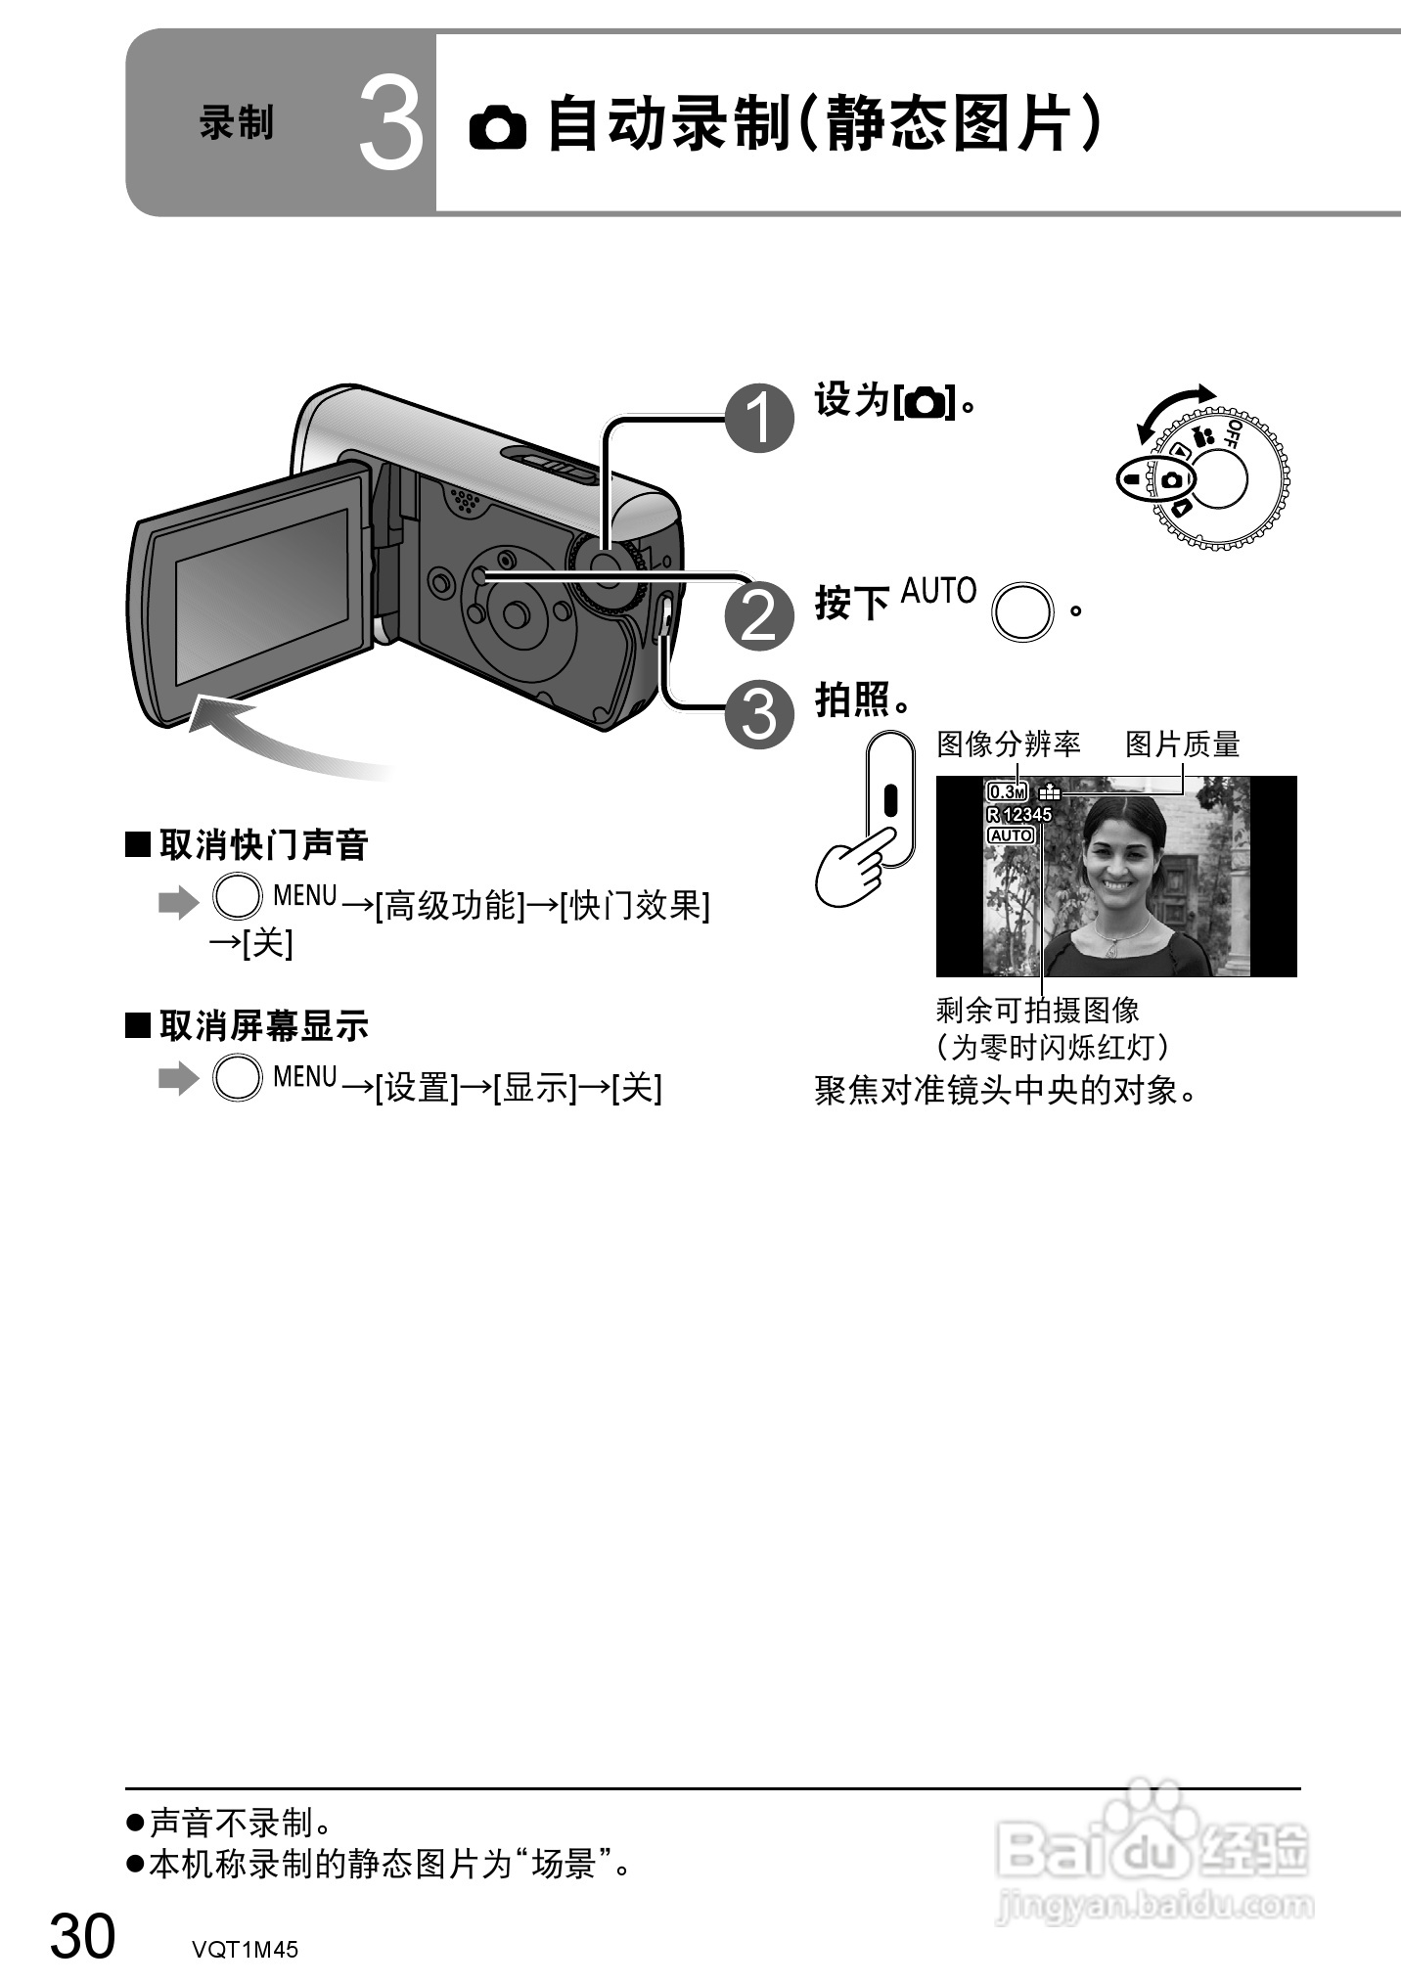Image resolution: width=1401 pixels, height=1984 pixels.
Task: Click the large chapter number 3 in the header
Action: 390,124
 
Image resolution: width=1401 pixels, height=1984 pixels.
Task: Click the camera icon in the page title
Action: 497,128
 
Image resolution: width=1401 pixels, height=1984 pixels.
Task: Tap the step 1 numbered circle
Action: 759,419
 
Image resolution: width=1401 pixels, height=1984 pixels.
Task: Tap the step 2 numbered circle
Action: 759,616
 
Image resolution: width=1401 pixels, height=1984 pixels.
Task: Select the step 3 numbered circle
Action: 759,714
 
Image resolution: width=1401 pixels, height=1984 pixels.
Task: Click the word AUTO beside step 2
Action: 938,592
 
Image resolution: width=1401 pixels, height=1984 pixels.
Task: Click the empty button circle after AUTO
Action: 1022,612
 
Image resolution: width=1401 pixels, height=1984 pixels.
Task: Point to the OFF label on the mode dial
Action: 1233,434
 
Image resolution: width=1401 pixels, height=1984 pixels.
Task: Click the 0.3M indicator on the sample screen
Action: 1007,791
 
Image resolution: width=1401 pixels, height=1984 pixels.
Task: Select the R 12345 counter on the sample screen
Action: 1019,814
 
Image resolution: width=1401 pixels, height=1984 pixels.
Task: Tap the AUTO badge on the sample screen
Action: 1011,835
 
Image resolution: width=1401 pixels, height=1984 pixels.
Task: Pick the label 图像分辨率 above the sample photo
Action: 1009,744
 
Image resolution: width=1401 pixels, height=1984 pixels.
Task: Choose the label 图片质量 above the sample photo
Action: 1182,744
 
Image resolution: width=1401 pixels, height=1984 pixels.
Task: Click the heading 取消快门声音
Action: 263,845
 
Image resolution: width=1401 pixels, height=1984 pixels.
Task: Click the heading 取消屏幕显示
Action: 263,1026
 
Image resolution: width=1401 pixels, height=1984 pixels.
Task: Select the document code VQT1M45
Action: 245,1950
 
